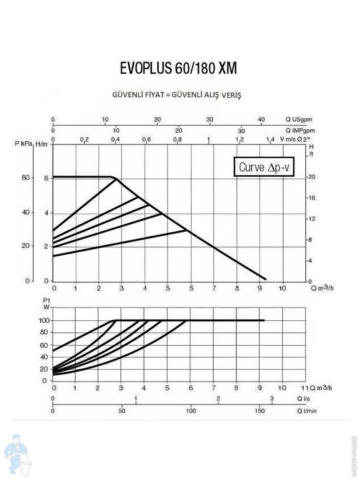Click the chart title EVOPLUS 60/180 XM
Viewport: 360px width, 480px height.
coord(178,69)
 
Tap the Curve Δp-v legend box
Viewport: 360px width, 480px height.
coord(264,167)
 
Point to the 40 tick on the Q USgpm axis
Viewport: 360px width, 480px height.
coord(261,120)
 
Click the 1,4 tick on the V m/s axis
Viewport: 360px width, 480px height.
coord(270,139)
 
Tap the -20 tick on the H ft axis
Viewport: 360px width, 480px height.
coord(311,177)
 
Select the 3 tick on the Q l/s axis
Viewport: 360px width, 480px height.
coord(272,399)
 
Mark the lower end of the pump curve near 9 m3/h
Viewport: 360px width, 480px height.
coord(265,279)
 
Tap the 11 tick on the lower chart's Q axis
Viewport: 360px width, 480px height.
coord(304,388)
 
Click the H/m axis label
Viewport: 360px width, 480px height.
coord(44,144)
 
